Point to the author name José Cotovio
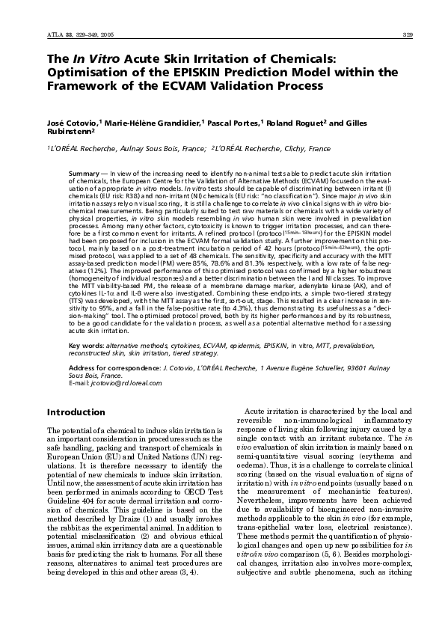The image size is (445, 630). click(x=71, y=122)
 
